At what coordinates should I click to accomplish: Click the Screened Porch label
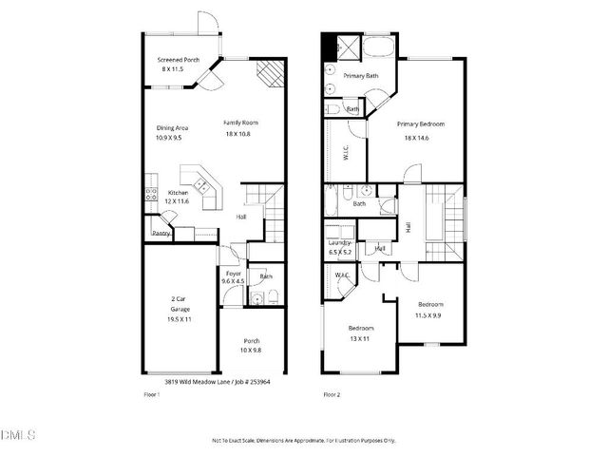179,59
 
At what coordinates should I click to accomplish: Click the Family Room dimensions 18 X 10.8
240,134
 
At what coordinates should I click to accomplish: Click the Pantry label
161,232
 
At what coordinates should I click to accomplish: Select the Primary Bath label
361,75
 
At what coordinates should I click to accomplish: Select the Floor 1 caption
151,393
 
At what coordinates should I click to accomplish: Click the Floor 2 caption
332,393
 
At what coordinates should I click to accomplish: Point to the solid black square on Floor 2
330,45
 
